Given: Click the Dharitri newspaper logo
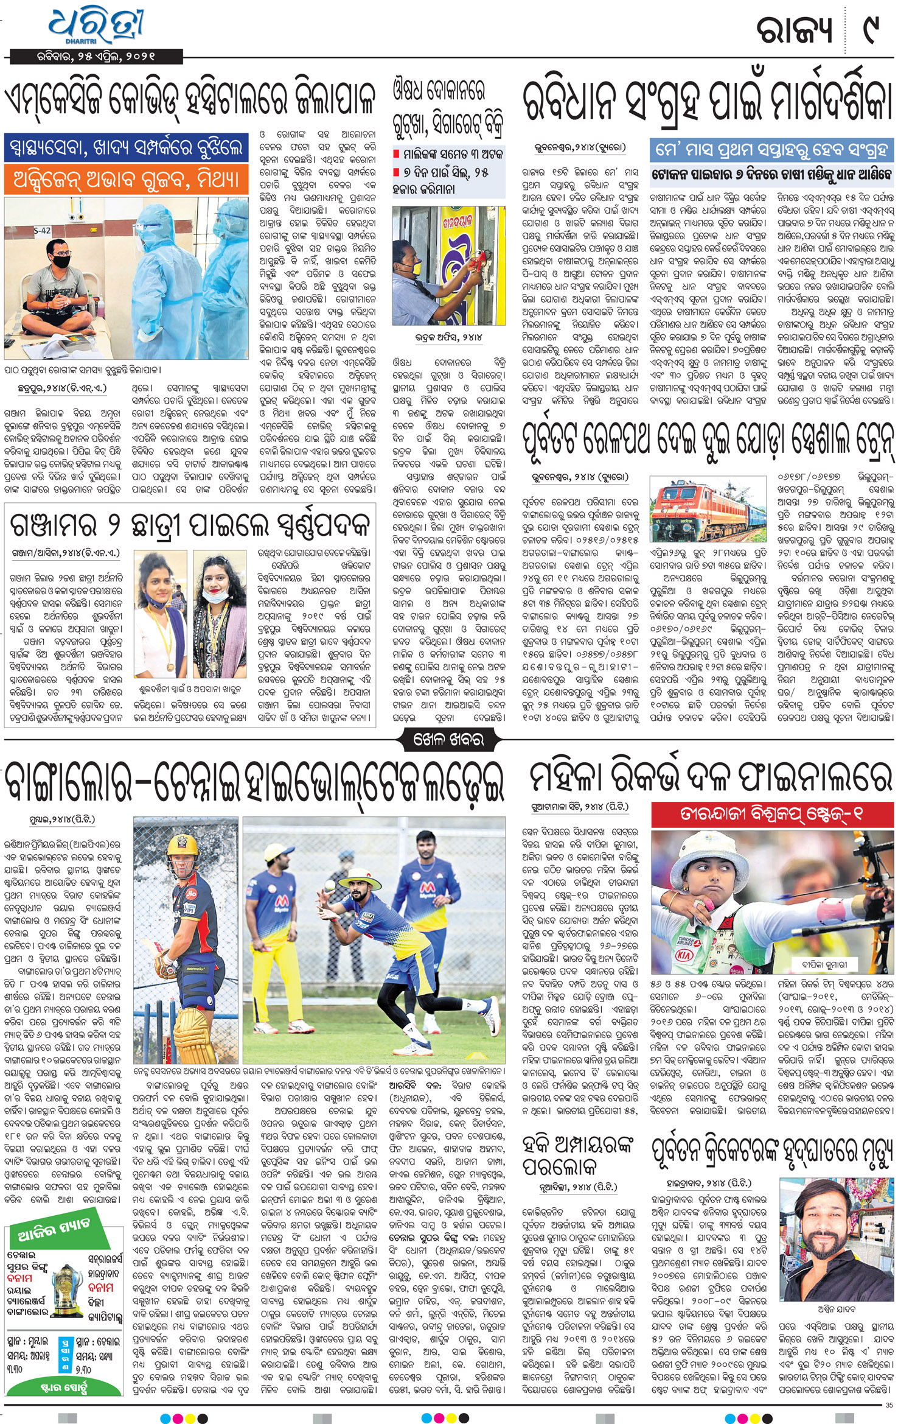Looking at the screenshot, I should pos(96,28).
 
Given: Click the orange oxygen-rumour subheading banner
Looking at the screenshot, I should pos(127,180).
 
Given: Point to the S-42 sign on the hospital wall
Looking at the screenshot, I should pos(42,231).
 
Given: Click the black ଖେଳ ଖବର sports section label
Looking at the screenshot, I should pos(448,739).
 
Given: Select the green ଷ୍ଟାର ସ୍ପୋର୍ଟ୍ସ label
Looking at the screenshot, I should pos(63,1386).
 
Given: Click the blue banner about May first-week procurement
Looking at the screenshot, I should pos(771,149).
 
